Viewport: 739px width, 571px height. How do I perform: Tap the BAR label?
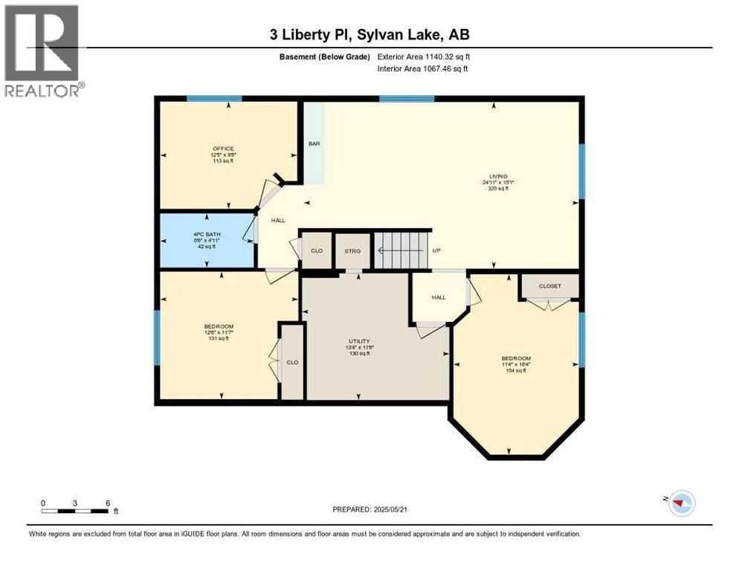tap(314, 143)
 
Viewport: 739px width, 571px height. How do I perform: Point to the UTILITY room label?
tap(359, 341)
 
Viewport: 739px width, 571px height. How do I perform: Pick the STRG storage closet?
tap(352, 251)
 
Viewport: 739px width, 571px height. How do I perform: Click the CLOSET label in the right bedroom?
tap(549, 285)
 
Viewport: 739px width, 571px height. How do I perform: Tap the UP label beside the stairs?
tap(438, 251)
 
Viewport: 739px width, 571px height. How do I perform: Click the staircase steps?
tap(400, 251)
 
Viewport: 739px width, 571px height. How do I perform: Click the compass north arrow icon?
tap(680, 503)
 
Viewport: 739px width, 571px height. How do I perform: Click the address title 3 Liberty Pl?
tap(369, 35)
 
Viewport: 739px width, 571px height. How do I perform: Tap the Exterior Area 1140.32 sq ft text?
tap(423, 57)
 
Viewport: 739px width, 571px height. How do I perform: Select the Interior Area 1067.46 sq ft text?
tap(423, 69)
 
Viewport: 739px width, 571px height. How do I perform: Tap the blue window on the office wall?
tap(214, 98)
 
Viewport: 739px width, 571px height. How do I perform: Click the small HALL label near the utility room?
tap(439, 297)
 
